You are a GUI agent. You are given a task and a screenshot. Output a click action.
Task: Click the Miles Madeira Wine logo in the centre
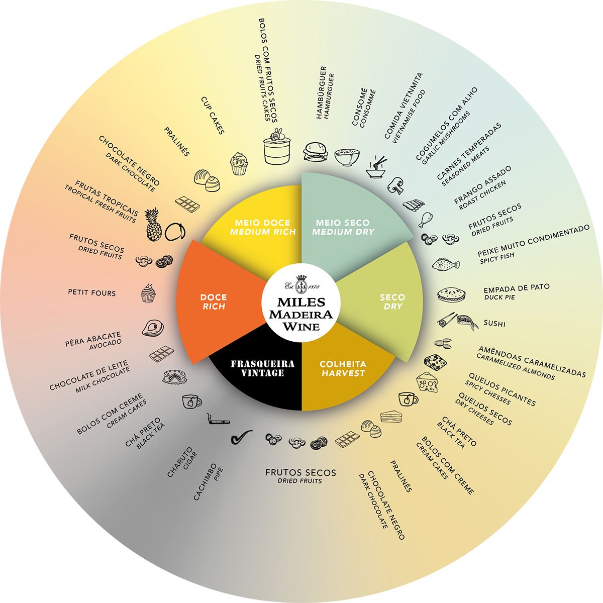(301, 307)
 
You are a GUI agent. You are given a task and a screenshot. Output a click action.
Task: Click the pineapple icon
(154, 225)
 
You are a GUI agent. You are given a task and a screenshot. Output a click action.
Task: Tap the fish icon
(445, 264)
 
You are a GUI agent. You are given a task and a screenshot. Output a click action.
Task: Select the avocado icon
(152, 328)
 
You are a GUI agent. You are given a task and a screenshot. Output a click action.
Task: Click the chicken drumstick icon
(425, 219)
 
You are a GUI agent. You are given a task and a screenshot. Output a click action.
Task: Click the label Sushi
(494, 324)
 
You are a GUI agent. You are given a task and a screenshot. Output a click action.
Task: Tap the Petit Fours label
(91, 292)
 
